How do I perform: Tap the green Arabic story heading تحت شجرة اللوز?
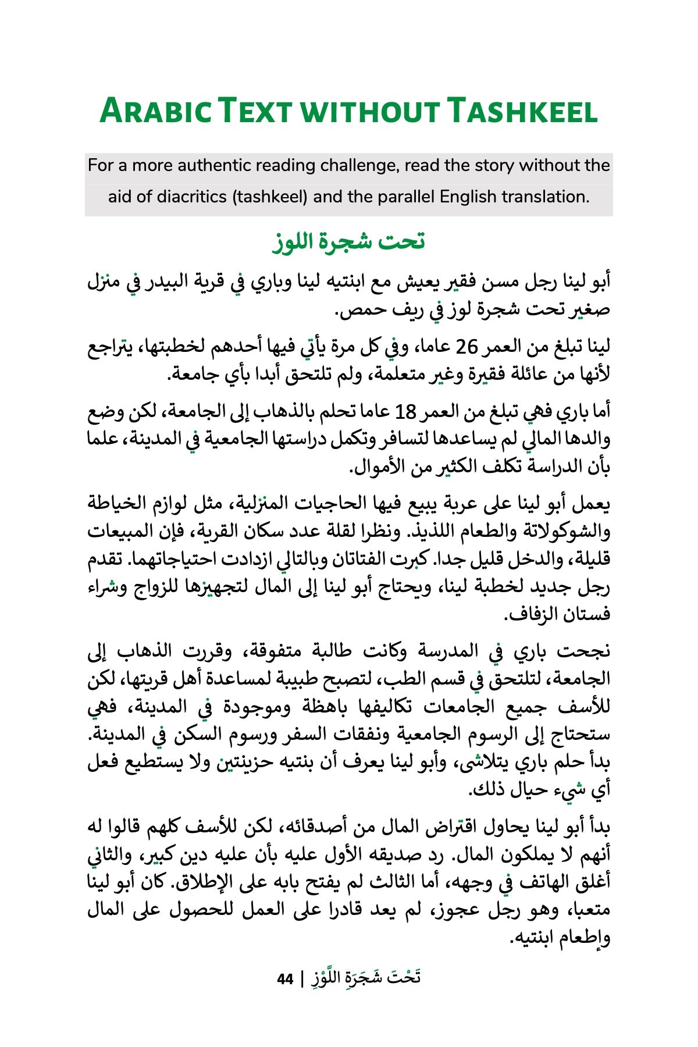349,241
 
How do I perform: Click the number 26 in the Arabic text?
466,347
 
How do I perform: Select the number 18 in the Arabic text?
405,412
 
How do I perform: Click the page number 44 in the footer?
285,979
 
